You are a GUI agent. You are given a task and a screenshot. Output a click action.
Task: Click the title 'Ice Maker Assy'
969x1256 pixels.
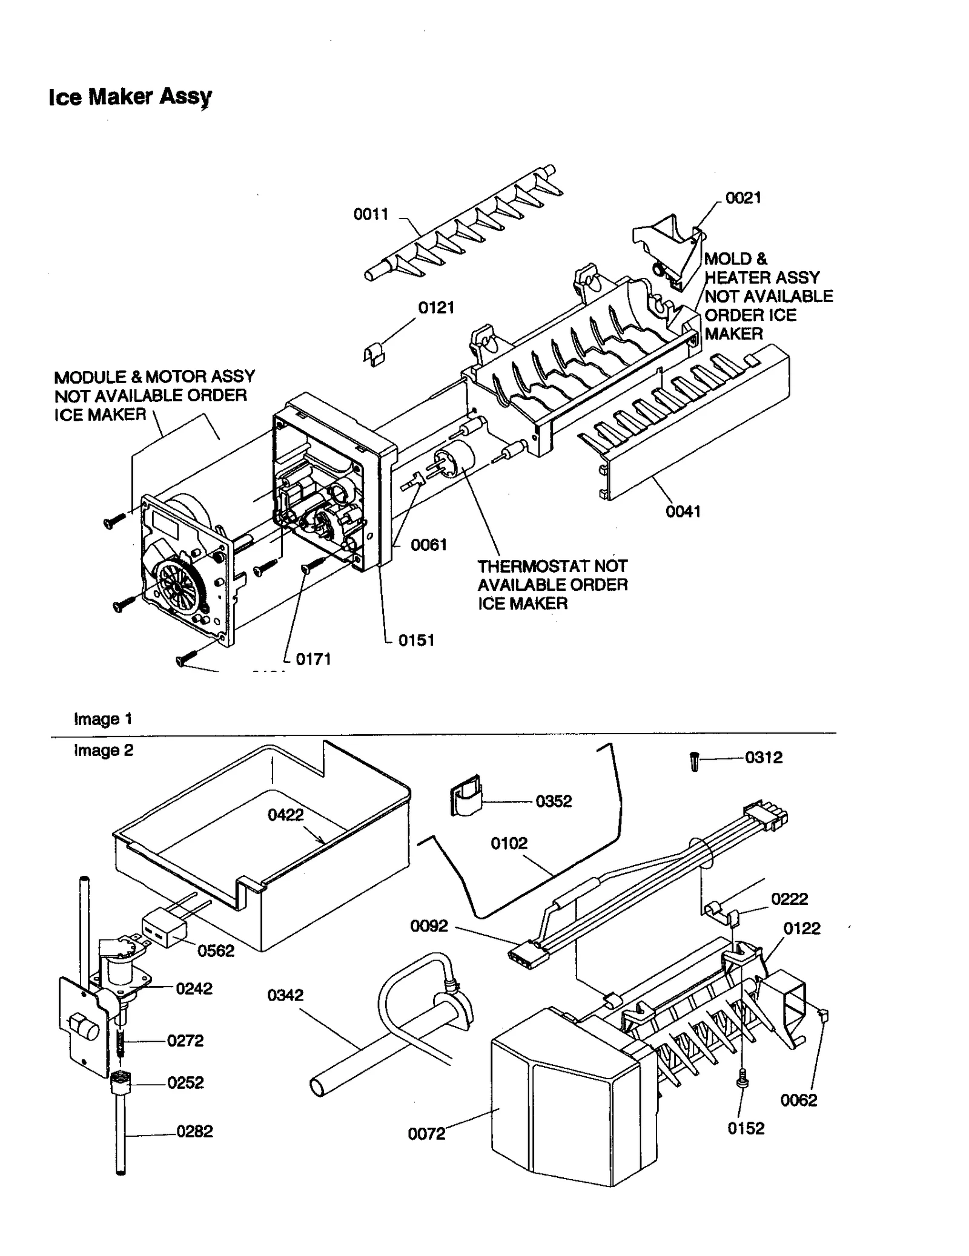pos(130,97)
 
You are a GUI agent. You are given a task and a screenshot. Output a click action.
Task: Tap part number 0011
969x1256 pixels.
pos(371,214)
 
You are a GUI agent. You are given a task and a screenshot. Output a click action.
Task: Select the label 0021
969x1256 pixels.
pos(743,198)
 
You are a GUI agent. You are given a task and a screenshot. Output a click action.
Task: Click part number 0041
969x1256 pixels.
pos(683,511)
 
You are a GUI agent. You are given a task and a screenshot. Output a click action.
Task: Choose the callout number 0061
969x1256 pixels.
pos(429,545)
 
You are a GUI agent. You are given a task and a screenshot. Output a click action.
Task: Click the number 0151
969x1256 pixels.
pos(417,640)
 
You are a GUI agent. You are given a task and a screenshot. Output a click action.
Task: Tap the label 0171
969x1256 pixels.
pos(313,659)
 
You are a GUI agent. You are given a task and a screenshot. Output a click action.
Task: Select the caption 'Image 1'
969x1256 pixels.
pos(103,719)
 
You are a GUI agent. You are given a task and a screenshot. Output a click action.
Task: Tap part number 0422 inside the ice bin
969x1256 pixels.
pos(285,815)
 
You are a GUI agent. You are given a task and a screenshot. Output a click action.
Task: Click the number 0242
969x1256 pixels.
pos(194,988)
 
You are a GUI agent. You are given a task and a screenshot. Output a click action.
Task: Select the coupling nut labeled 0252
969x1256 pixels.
pos(121,1082)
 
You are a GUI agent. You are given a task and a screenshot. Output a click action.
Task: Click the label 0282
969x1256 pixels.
pos(194,1131)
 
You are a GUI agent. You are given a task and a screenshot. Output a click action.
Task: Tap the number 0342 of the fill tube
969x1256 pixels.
pos(285,995)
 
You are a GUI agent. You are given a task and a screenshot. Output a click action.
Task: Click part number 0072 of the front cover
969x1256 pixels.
pos(426,1134)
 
